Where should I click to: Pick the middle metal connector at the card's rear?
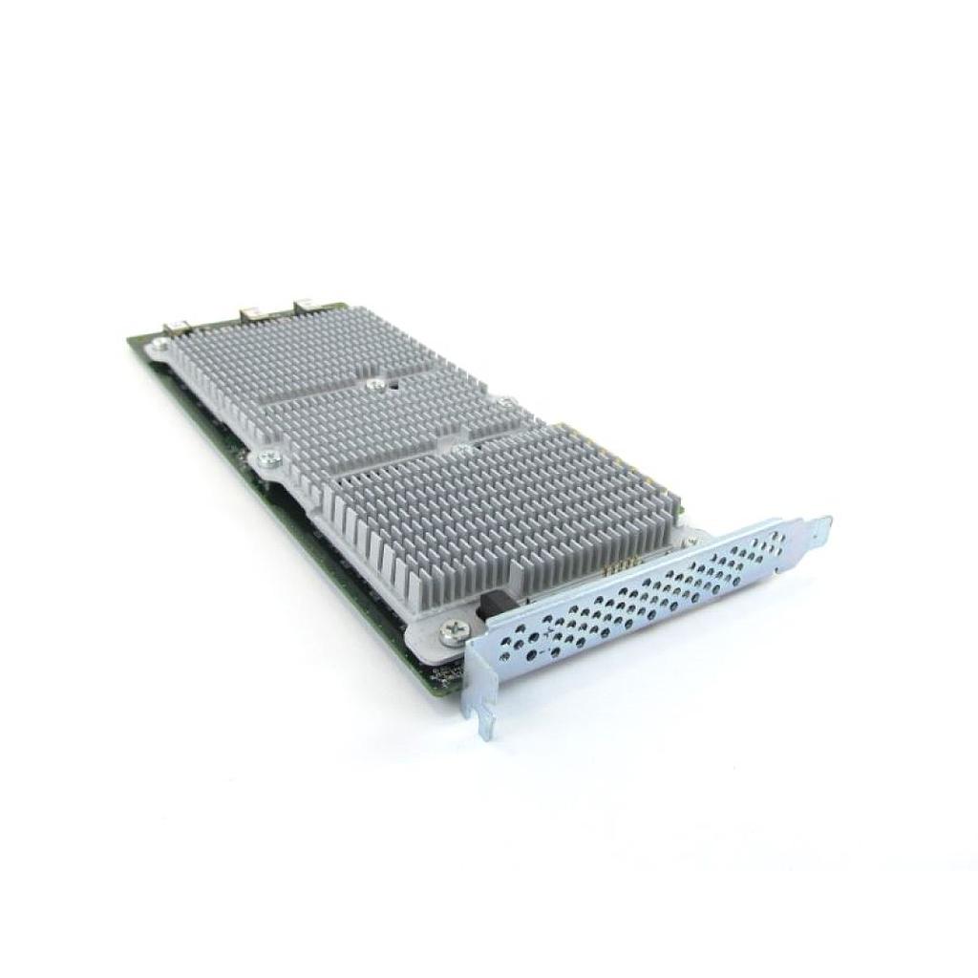point(253,312)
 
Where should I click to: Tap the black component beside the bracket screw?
point(494,606)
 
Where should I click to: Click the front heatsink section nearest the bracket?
point(506,506)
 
